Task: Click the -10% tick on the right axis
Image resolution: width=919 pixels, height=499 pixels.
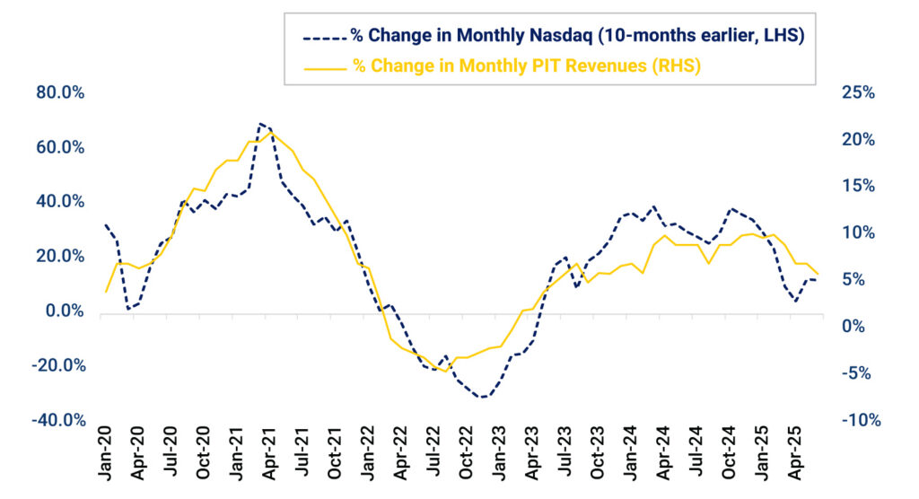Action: pos(861,420)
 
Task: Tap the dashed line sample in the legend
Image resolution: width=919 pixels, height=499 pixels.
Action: pos(323,37)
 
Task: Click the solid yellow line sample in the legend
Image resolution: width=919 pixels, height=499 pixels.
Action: pos(323,66)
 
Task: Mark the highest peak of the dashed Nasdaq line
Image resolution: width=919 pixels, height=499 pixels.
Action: pos(260,124)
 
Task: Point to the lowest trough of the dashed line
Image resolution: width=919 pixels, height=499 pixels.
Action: pos(482,397)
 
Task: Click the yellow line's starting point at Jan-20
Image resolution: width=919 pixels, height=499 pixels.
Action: pos(106,292)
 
